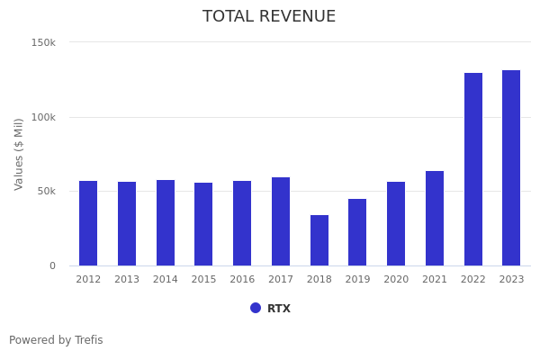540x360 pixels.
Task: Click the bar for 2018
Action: click(x=319, y=240)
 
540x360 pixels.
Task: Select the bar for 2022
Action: click(x=473, y=169)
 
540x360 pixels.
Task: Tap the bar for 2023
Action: click(x=511, y=168)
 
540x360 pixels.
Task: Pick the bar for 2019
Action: click(x=357, y=232)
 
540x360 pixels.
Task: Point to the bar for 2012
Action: click(x=88, y=223)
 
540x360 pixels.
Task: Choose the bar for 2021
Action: click(x=435, y=219)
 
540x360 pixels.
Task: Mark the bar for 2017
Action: click(x=281, y=221)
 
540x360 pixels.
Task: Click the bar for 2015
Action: click(x=203, y=224)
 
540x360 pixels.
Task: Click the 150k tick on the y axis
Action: click(x=43, y=42)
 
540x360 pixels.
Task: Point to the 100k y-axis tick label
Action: click(x=43, y=117)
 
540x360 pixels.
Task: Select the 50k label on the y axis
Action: click(x=46, y=191)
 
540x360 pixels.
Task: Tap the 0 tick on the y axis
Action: click(x=52, y=265)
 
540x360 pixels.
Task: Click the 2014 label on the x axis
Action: click(x=166, y=280)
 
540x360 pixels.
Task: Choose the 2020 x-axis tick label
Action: click(x=396, y=280)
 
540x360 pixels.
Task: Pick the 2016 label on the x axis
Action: click(x=242, y=280)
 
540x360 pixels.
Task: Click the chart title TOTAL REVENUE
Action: click(x=269, y=17)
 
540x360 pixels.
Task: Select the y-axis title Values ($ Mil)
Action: click(x=19, y=154)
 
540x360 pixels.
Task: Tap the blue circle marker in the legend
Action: click(x=256, y=308)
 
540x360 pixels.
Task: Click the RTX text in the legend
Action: click(x=279, y=309)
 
